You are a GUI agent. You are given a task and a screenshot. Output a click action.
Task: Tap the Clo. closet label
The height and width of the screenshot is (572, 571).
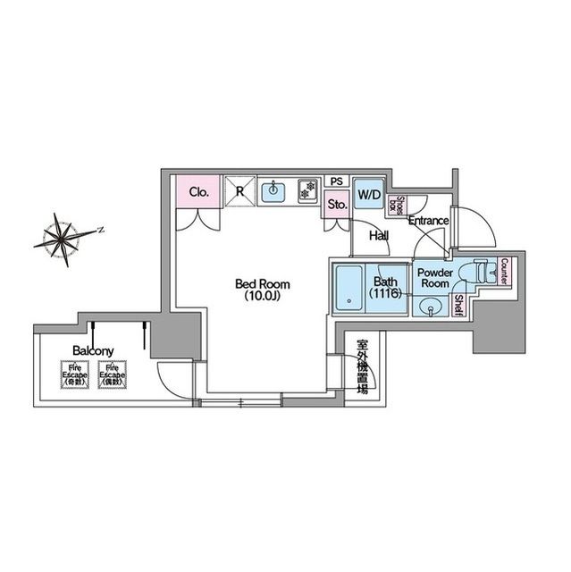pos(199,191)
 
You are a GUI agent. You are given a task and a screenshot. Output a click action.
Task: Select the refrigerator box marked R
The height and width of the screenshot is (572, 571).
pos(240,190)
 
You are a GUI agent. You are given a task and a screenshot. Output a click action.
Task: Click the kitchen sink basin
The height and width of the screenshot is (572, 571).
pos(273,190)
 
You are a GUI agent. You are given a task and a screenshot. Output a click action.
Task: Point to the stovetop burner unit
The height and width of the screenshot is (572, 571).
pos(307,190)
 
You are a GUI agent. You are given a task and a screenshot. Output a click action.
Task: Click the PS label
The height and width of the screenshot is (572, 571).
pos(337,181)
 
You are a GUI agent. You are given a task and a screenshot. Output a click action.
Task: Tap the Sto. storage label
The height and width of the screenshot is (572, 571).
pos(337,204)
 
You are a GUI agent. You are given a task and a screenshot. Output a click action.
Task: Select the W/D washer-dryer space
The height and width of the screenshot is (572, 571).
pos(368,194)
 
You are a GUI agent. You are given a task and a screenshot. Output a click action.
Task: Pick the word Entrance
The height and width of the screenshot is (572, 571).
pos(428,221)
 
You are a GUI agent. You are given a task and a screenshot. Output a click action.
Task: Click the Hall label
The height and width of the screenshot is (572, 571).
pos(379,236)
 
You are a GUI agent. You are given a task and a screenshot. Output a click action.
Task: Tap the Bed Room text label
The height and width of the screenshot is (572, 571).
pos(262,284)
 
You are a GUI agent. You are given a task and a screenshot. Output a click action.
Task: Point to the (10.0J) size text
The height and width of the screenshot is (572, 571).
pos(262,297)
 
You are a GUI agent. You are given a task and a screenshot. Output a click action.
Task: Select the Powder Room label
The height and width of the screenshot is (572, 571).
pos(434,277)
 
